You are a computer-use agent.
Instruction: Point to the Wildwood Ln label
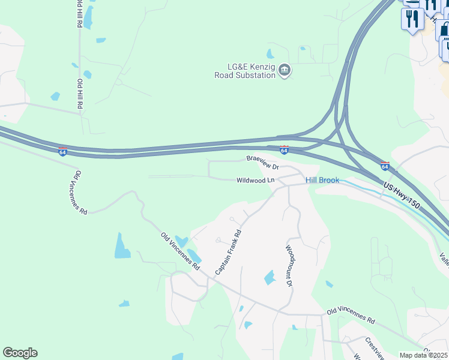[255, 180]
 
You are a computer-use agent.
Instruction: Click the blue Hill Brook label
[322, 180]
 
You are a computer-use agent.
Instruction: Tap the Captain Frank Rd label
[228, 253]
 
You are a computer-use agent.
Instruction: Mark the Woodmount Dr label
[289, 265]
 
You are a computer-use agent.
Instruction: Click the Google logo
[20, 353]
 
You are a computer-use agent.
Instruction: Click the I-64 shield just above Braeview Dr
[284, 149]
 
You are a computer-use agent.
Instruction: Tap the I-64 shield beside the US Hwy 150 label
[385, 166]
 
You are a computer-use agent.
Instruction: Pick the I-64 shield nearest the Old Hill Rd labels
[62, 152]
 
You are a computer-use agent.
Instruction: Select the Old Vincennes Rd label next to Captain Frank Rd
[179, 251]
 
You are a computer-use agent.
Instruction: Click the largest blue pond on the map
[122, 246]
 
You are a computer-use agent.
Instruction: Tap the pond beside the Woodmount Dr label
[269, 277]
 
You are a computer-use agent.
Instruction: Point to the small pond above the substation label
[271, 54]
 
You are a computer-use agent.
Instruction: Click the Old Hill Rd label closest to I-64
[79, 95]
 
